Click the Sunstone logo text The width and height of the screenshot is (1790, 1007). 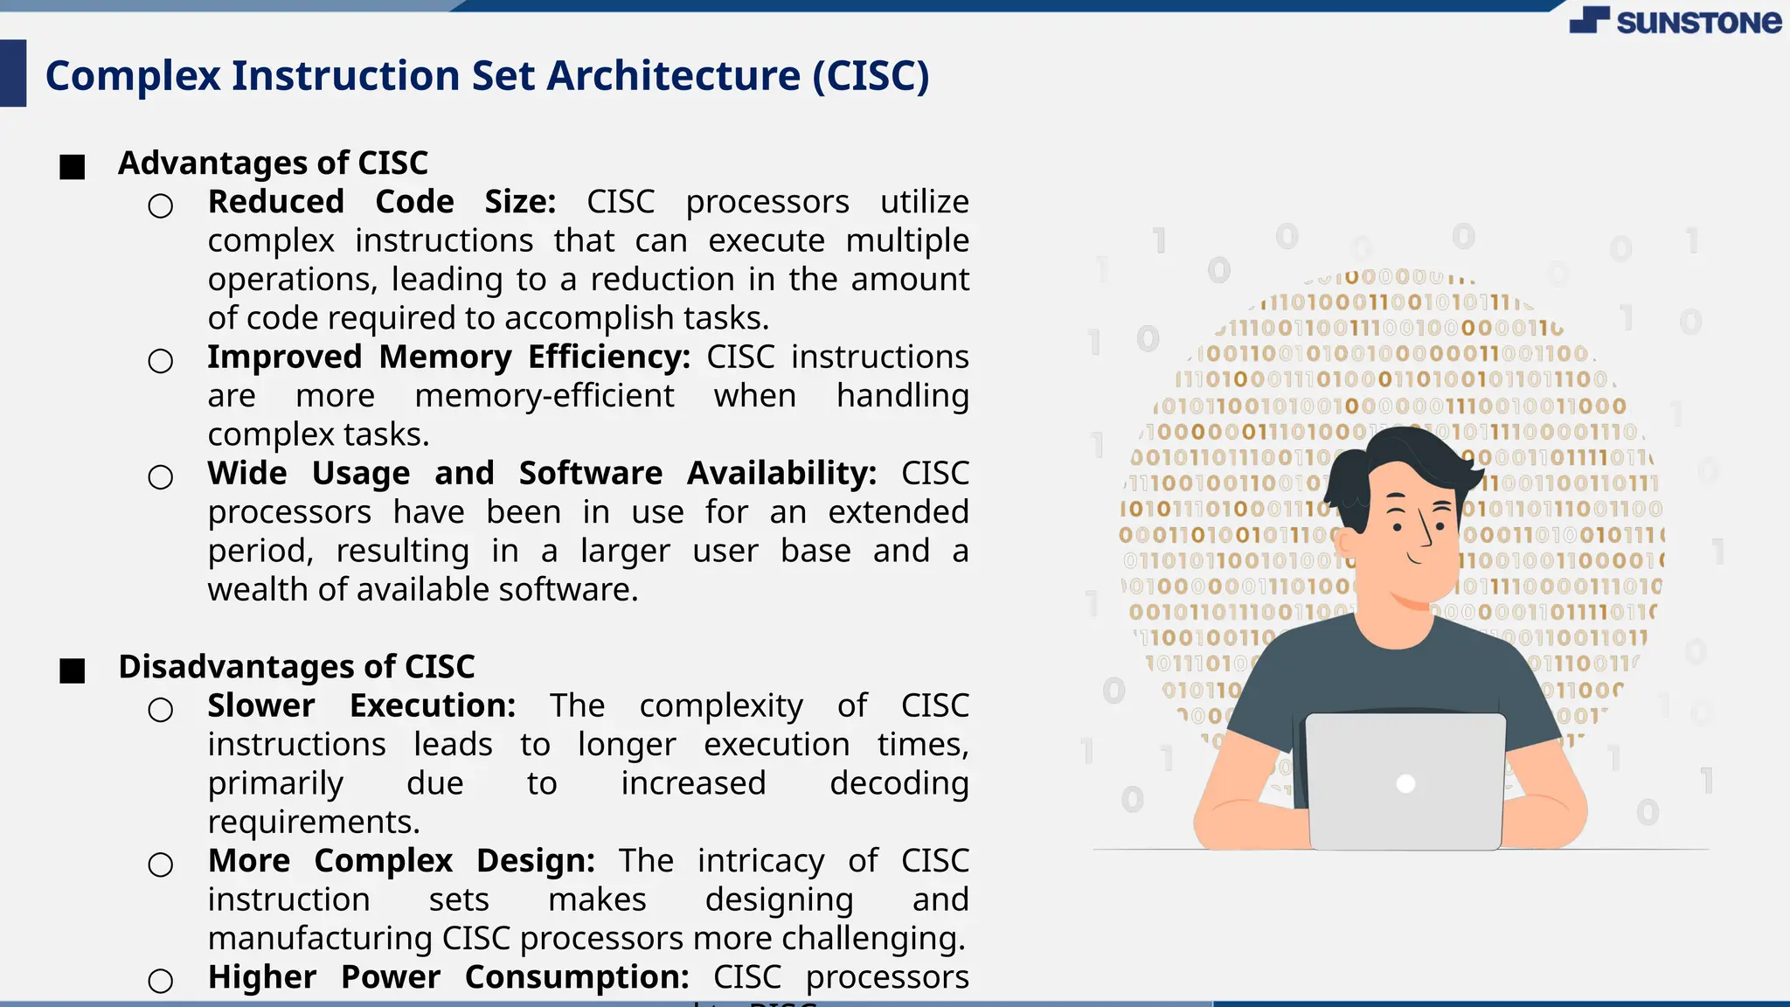coord(1697,22)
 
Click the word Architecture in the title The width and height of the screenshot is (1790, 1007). coord(673,76)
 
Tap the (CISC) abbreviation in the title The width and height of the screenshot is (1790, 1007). coord(871,76)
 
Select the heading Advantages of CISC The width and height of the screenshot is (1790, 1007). coord(273,163)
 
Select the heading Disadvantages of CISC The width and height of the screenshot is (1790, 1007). coord(296,667)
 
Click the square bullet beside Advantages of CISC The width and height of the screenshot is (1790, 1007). coord(73,167)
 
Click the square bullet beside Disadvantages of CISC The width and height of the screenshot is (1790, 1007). coord(73,670)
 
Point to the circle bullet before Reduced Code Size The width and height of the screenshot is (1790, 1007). coord(161,206)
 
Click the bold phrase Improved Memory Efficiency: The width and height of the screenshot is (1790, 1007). coord(448,358)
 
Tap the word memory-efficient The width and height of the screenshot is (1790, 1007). coord(544,396)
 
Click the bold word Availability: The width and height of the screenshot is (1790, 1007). coord(781,474)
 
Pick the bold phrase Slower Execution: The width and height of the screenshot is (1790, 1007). coord(361,706)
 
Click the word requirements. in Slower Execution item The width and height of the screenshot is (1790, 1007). coord(314,823)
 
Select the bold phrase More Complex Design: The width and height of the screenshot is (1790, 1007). coord(401,861)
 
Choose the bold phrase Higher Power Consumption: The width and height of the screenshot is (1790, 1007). coord(448,977)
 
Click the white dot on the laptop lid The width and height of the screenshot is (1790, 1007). coord(1405,784)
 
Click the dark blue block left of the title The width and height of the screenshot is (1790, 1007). coord(13,73)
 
